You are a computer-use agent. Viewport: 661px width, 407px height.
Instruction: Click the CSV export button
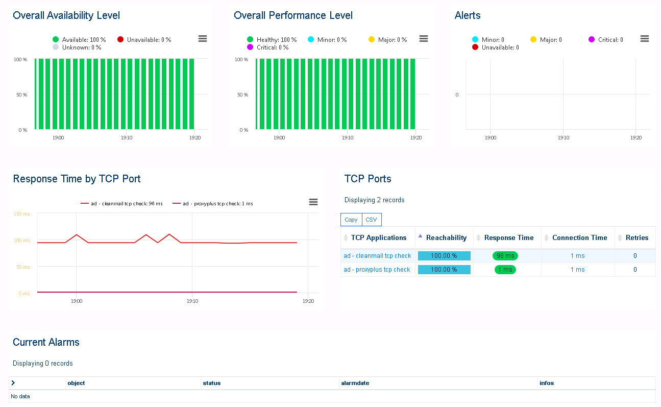[x=371, y=220]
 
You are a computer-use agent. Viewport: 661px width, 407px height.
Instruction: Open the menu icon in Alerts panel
[x=644, y=39]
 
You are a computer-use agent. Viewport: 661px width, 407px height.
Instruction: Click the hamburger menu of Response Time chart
[x=313, y=202]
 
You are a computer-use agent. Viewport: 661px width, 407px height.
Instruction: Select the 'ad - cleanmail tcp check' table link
[x=377, y=256]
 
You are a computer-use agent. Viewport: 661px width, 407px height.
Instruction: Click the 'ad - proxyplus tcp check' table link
[x=377, y=270]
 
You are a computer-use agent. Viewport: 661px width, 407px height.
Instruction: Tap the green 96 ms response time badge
[x=505, y=256]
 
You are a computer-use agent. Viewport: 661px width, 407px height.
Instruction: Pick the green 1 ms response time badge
[x=505, y=270]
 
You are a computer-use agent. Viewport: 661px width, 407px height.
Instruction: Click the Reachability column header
[x=446, y=237]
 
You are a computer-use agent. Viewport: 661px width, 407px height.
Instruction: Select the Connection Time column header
[x=579, y=237]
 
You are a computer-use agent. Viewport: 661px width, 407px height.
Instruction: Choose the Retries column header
[x=636, y=237]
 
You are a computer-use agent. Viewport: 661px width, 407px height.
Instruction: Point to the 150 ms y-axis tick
[x=21, y=214]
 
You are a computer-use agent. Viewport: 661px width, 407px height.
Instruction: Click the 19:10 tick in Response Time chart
[x=192, y=301]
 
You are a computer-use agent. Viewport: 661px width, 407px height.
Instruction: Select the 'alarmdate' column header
[x=355, y=383]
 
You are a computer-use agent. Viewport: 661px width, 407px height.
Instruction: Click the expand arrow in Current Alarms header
[x=13, y=383]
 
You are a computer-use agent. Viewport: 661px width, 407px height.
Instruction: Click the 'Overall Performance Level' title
[x=293, y=16]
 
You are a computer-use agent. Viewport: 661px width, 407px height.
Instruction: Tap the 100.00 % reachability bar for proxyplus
[x=444, y=270]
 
